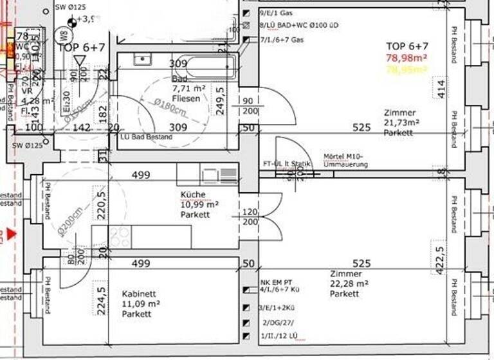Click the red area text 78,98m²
(x=407, y=58)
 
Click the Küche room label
(x=193, y=194)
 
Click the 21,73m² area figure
(x=401, y=122)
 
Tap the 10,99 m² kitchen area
(x=199, y=204)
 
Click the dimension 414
(x=441, y=88)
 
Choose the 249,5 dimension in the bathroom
(x=220, y=100)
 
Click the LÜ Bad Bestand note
(x=147, y=137)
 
